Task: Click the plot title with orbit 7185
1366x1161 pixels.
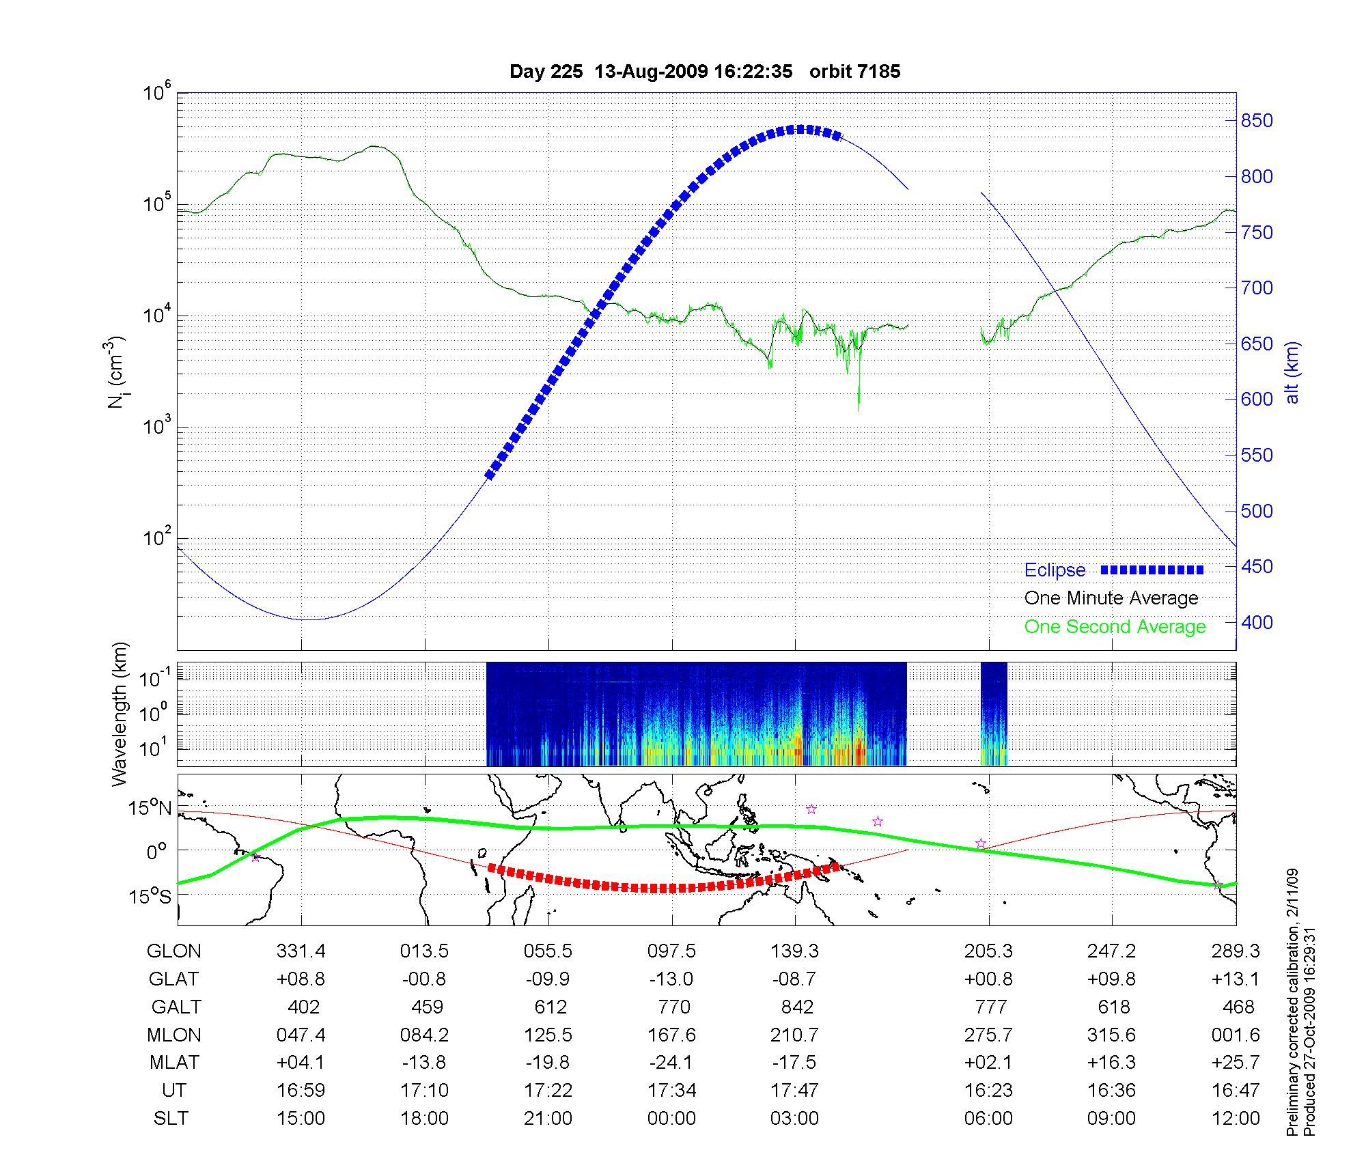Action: pos(705,72)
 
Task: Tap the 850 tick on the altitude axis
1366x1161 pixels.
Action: pos(1257,121)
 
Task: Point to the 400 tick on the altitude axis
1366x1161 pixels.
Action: pos(1257,622)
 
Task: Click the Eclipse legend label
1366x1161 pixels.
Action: pos(1055,570)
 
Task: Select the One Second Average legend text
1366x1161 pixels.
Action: pos(1115,627)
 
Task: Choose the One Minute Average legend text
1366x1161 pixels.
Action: pos(1111,598)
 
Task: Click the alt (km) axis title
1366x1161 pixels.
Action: pos(1292,372)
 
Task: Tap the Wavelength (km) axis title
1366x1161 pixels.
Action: pos(120,714)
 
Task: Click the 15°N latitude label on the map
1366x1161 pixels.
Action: pos(151,809)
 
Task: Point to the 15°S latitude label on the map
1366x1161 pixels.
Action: pos(151,896)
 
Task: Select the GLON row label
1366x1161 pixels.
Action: pos(174,951)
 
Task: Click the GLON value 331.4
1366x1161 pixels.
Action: pos(301,951)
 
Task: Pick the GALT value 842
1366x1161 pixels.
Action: pos(797,1007)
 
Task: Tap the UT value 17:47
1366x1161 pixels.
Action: pos(795,1091)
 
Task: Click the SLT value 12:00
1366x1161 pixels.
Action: pos(1236,1119)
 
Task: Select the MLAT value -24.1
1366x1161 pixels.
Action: pos(671,1063)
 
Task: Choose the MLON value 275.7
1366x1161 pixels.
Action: pos(988,1035)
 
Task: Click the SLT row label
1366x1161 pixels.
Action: pos(171,1119)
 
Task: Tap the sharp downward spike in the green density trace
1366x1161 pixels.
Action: pos(859,406)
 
